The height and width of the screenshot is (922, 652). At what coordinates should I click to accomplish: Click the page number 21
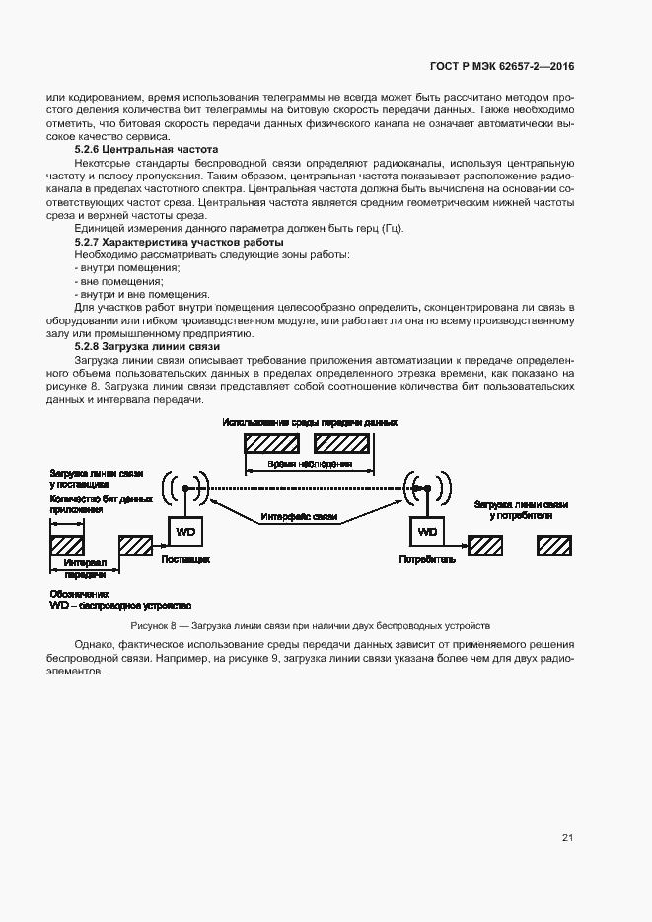pyautogui.click(x=567, y=837)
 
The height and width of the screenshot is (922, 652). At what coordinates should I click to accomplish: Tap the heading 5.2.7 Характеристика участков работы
pyautogui.click(x=179, y=242)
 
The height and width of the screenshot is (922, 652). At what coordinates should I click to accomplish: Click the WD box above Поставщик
pyautogui.click(x=185, y=532)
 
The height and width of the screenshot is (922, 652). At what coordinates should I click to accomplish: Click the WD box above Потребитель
pyautogui.click(x=427, y=532)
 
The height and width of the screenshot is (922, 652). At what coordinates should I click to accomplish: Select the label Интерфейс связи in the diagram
pyautogui.click(x=300, y=517)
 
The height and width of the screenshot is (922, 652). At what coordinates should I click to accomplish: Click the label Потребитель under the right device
pyautogui.click(x=427, y=558)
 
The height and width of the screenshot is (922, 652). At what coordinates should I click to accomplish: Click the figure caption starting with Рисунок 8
pyautogui.click(x=310, y=626)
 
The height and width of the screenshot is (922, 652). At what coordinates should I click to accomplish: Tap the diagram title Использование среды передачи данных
pyautogui.click(x=310, y=422)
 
